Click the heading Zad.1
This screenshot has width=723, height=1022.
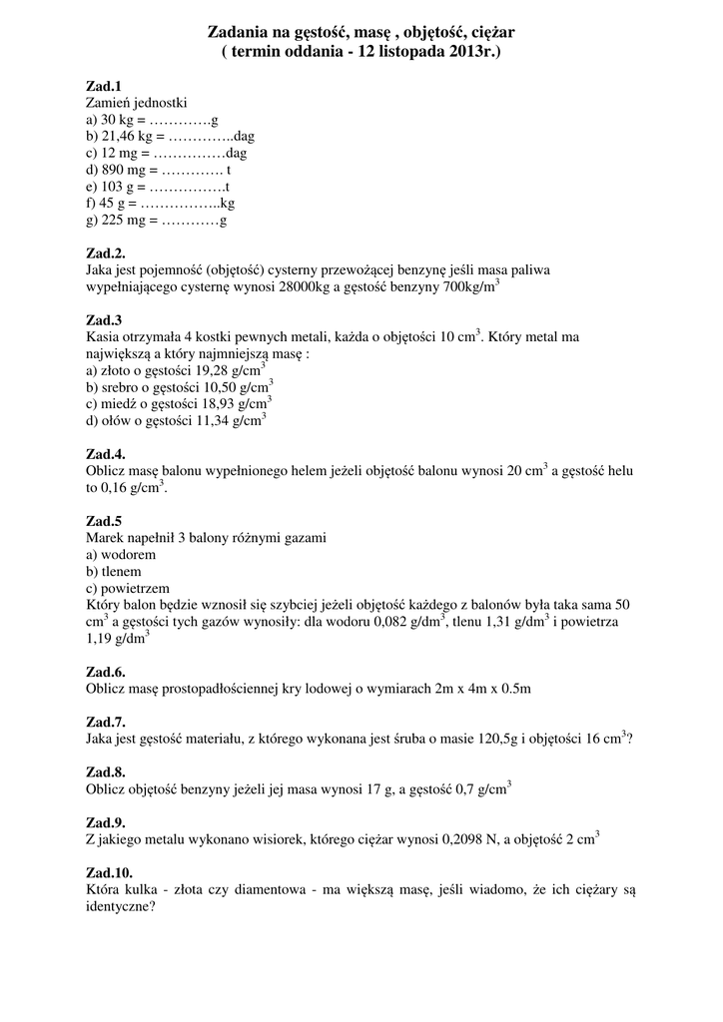tap(105, 87)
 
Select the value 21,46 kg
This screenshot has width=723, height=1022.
tap(127, 136)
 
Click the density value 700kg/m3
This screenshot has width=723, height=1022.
tap(470, 286)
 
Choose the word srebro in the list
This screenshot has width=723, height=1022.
tap(123, 387)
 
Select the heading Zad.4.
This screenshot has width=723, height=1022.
tap(107, 454)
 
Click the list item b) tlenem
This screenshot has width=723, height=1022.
tap(115, 571)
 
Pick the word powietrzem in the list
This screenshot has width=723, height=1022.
tap(134, 588)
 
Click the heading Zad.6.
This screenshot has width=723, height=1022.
tap(107, 672)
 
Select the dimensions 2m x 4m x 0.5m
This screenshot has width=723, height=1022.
tap(482, 689)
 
